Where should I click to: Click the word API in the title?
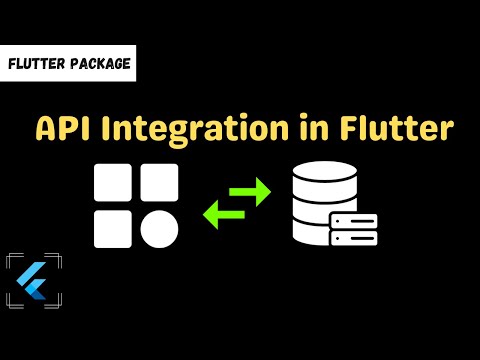click(60, 129)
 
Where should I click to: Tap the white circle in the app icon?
click(159, 228)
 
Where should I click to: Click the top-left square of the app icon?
click(113, 182)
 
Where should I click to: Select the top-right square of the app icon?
click(159, 182)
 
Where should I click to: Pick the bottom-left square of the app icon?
click(113, 228)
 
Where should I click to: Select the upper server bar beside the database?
click(354, 221)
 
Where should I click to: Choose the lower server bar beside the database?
click(354, 239)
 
